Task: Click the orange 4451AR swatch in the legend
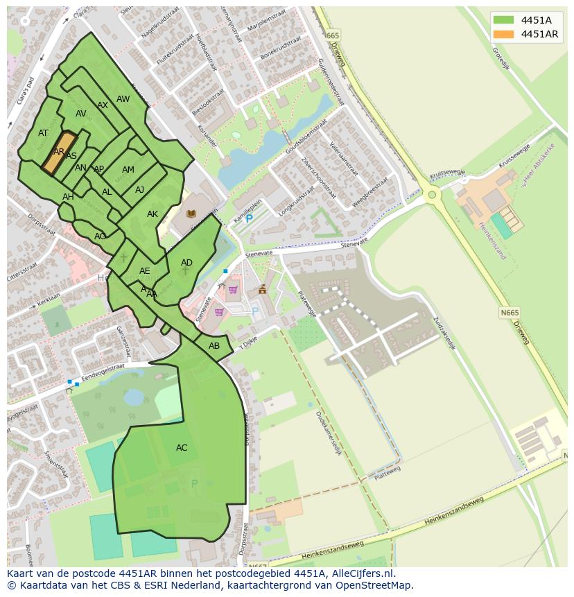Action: (x=503, y=34)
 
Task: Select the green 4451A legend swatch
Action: (x=503, y=19)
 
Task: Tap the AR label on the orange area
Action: (x=59, y=152)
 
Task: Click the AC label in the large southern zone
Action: (x=182, y=448)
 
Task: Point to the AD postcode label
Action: (x=186, y=263)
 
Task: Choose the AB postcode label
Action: (x=214, y=346)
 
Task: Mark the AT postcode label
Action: (x=43, y=133)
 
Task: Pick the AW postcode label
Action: (x=123, y=99)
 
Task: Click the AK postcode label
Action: (x=153, y=214)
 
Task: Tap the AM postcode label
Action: (x=128, y=170)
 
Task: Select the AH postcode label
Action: (x=68, y=197)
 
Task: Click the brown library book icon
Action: (x=191, y=214)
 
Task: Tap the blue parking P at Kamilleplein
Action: (x=250, y=218)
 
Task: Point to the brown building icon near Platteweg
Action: (x=262, y=290)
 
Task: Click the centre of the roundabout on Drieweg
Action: (x=433, y=195)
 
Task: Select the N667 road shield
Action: (x=257, y=566)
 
